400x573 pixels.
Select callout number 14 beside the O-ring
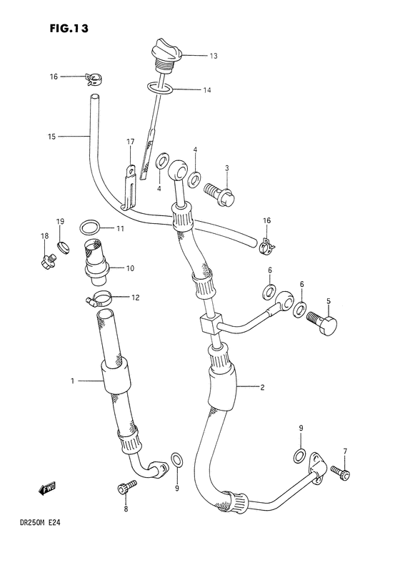coord(206,91)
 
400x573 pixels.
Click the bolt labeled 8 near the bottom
coord(124,489)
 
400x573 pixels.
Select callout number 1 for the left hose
coord(73,381)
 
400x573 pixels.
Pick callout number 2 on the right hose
coord(262,388)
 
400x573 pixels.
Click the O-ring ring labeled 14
coord(161,89)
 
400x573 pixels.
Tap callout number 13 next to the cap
coord(214,55)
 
